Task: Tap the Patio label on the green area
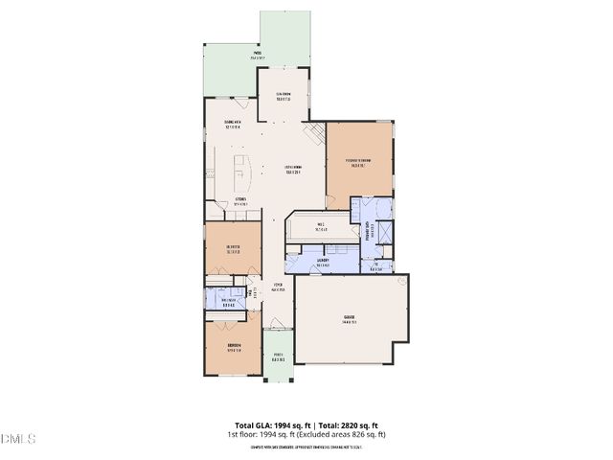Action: coord(257,55)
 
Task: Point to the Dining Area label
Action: coord(231,124)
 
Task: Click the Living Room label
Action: coord(292,171)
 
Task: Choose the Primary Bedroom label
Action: coord(359,162)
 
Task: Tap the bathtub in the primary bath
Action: coord(383,233)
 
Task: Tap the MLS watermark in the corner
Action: coord(17,439)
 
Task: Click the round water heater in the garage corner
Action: coord(403,280)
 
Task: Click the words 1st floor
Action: coord(241,434)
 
